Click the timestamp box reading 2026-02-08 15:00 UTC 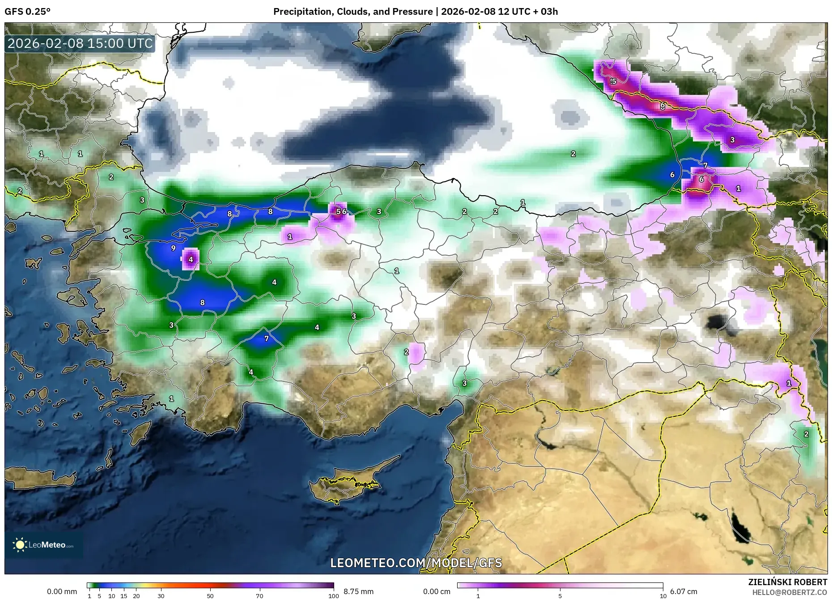coord(80,43)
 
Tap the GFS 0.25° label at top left coord(27,12)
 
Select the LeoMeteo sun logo coord(20,545)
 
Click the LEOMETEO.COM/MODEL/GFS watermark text coord(416,563)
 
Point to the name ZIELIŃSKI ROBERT coord(787,582)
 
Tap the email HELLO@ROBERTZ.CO coord(789,592)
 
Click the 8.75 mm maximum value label coord(358,591)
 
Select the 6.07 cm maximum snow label coord(683,591)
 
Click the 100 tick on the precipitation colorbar coord(333,596)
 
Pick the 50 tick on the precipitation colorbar coord(210,596)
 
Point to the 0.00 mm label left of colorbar coord(62,591)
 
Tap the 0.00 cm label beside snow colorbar coord(437,591)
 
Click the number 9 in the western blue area coord(173,248)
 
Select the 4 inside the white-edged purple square coord(191,259)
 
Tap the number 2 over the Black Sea coord(573,154)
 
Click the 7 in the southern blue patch coord(267,338)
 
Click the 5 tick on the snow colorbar coord(560,596)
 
